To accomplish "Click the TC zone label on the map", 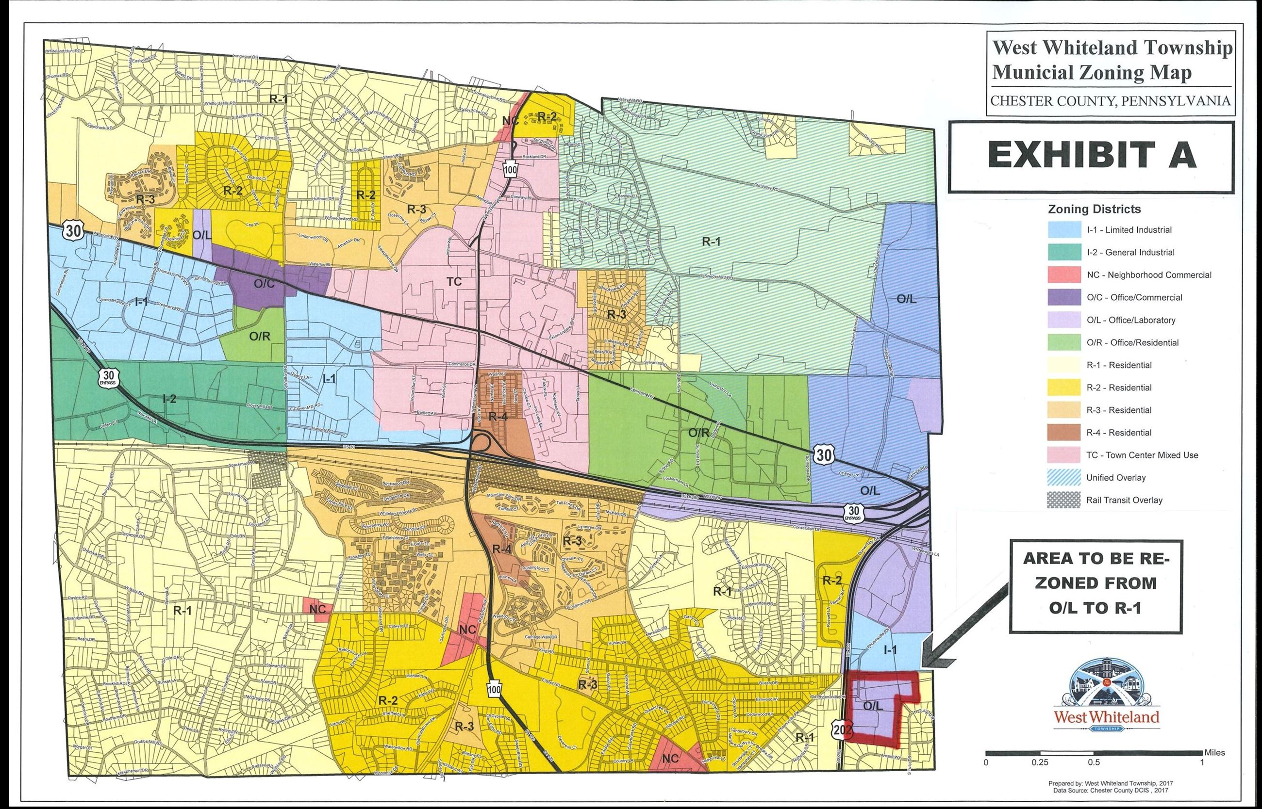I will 454,282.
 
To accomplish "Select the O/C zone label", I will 265,284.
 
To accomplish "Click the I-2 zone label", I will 169,399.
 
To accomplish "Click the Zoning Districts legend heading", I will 1095,209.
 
